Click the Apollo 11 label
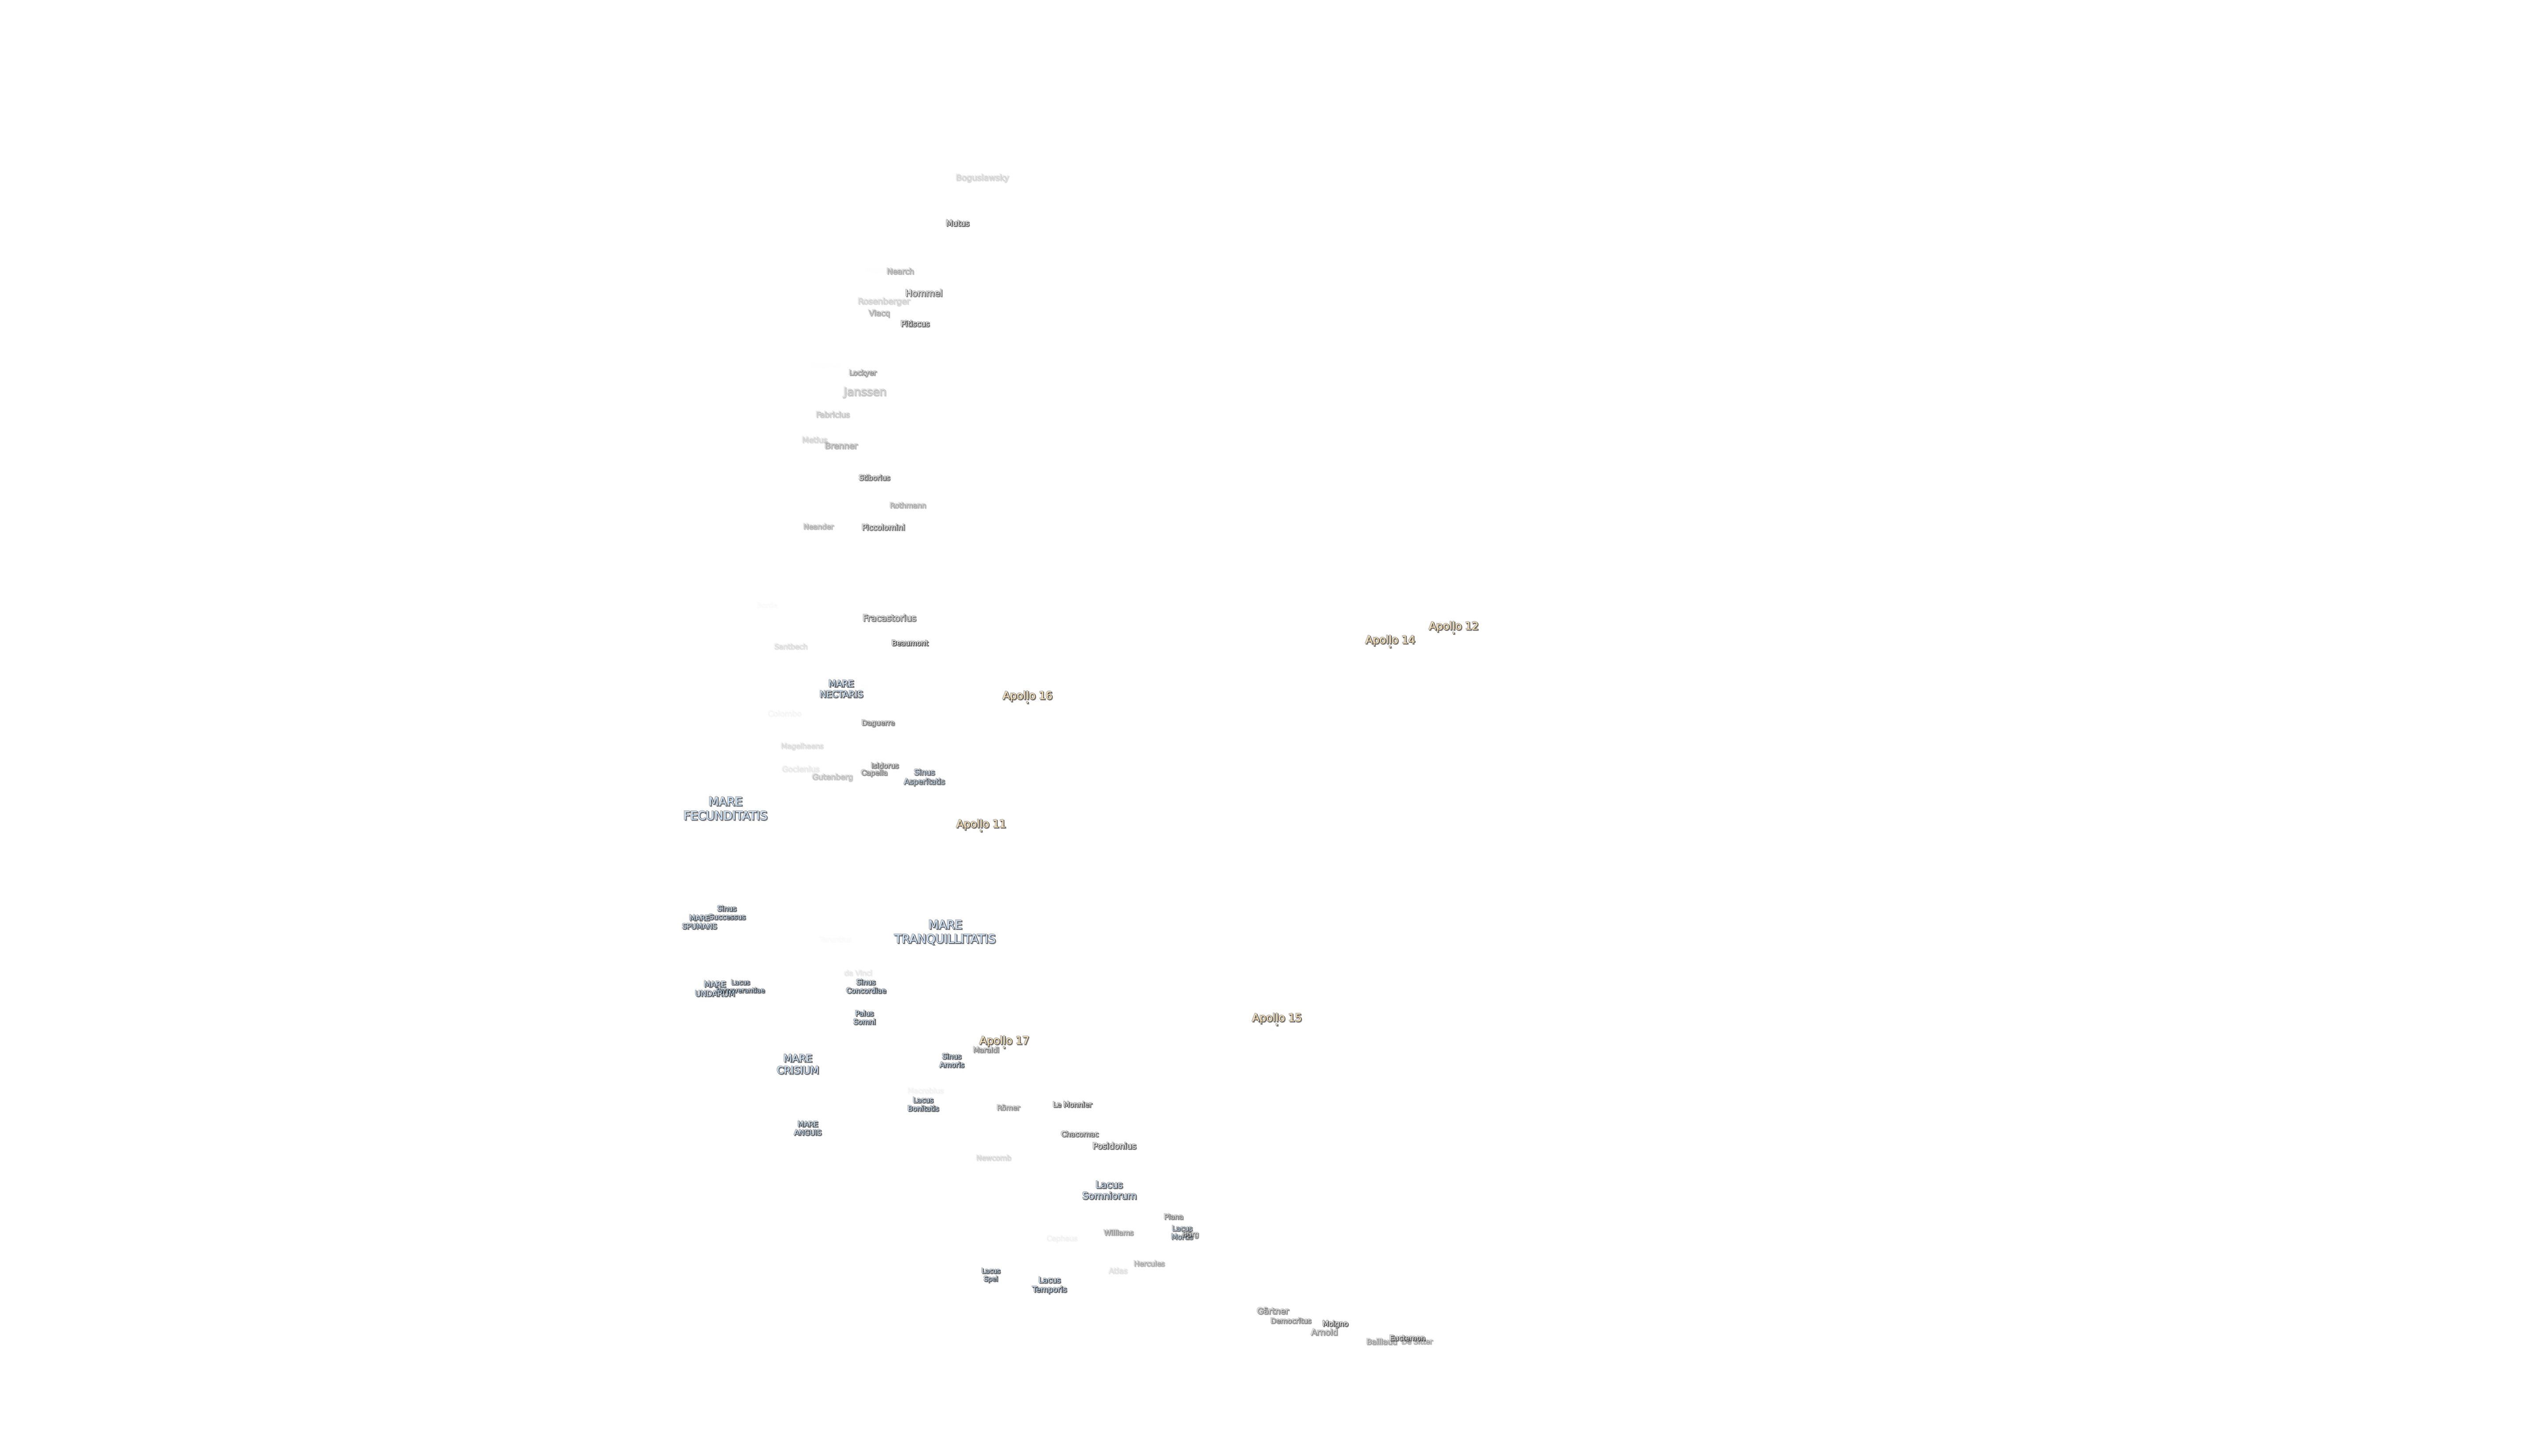[980, 823]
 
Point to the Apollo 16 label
[1027, 695]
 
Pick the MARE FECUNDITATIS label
[725, 809]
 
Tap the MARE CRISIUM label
[797, 1064]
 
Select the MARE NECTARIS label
[840, 688]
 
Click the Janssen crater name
[864, 392]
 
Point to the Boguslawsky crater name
[981, 177]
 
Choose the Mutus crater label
[956, 223]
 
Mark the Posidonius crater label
[1113, 1146]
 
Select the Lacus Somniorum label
[1108, 1190]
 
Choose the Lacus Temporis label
[1048, 1284]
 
